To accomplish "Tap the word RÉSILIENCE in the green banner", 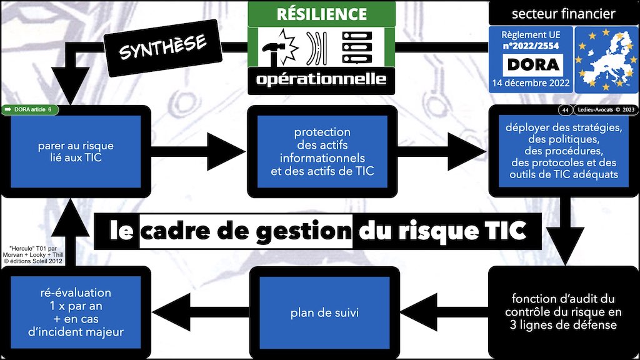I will click(x=321, y=14).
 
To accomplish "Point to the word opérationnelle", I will click(x=321, y=80).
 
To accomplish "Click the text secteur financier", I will click(x=563, y=13).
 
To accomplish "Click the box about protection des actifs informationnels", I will click(x=322, y=151).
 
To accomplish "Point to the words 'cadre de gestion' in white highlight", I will click(x=246, y=231).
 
